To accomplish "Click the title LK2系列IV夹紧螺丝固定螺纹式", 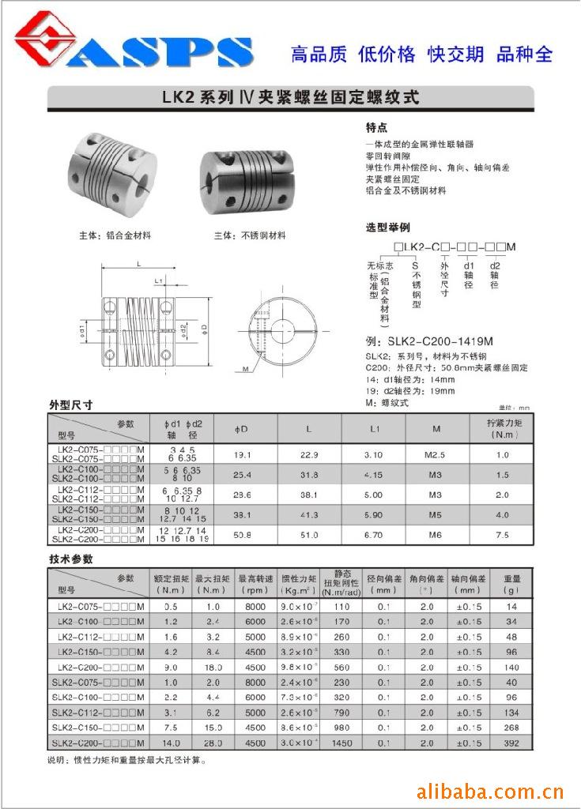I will point(290,99).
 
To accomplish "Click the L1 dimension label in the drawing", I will point(158,280).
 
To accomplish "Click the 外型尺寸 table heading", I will point(71,404).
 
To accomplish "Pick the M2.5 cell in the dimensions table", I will point(437,455).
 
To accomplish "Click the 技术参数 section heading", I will point(71,559).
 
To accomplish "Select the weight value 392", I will point(511,743).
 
